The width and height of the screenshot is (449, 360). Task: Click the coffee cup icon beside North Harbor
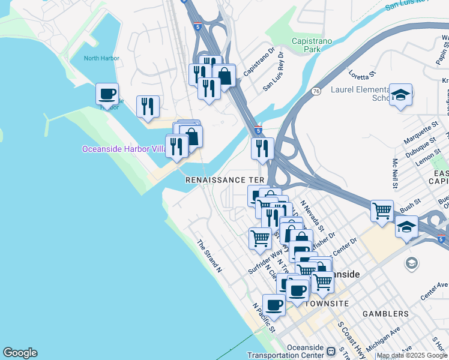[107, 94]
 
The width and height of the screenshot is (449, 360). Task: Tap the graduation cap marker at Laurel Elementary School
[400, 95]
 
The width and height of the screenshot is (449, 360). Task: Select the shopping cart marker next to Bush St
[382, 211]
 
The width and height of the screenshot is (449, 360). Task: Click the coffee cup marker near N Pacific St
[274, 305]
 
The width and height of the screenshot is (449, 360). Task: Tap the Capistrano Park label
[312, 46]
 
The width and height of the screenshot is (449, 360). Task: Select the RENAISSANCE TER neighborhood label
[224, 180]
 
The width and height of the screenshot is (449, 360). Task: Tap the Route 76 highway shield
[315, 91]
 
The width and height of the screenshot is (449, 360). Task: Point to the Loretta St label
[362, 75]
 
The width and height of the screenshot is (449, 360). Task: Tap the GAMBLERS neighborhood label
[385, 314]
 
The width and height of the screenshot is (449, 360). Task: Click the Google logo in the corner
[20, 353]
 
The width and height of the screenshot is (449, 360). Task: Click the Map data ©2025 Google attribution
[412, 355]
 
